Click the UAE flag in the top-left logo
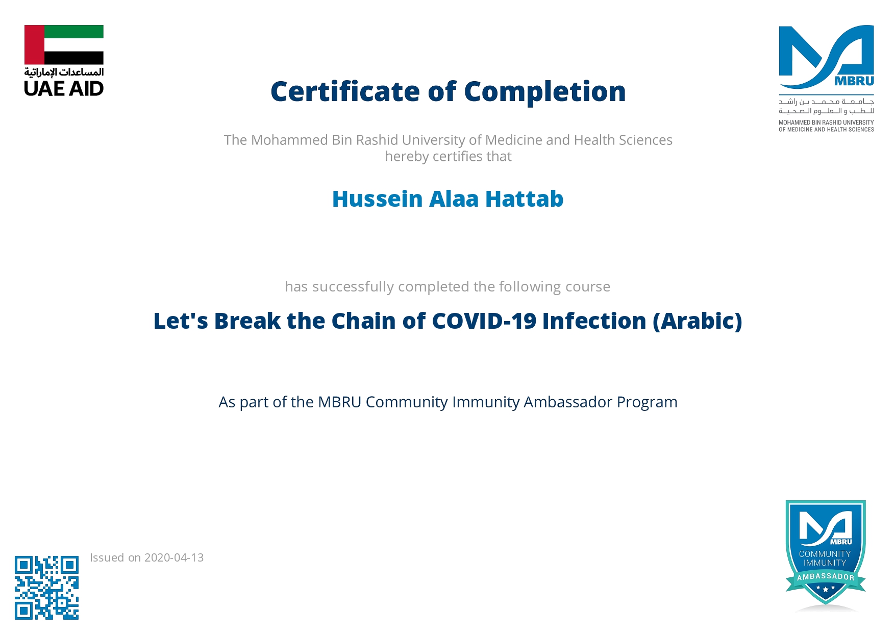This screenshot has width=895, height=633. pos(64,45)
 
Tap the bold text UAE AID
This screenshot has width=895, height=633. pos(64,89)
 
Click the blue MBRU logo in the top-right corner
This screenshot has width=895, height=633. pos(826,57)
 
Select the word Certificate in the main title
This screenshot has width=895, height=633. pos(345,92)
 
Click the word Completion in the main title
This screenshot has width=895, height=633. pos(545,92)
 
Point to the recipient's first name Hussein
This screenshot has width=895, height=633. pos(378,199)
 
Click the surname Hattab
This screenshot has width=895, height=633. pos(524,199)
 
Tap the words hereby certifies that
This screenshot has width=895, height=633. pos(448,156)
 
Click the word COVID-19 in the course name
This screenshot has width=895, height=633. pos(484,321)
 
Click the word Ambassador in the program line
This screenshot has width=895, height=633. pos(568,402)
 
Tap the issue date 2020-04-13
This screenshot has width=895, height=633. pos(174,557)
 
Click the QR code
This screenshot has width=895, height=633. pos(46,588)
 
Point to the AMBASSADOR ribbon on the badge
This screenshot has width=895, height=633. pos(826,577)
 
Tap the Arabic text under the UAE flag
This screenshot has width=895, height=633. pos(64,72)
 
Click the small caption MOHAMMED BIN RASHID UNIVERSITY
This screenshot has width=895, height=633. pos(826,123)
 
